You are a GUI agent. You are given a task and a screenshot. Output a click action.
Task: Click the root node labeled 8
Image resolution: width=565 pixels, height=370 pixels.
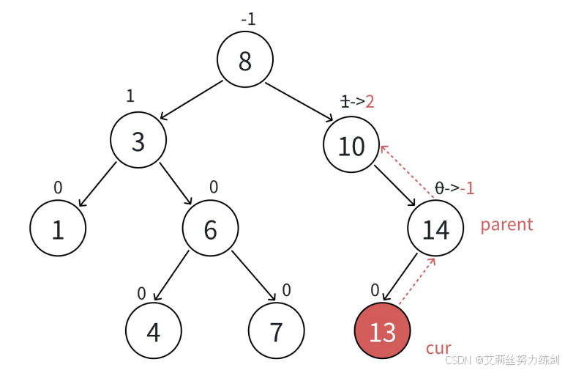tap(245, 61)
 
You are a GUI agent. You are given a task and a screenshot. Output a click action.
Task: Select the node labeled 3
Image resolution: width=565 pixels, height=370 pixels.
tap(138, 141)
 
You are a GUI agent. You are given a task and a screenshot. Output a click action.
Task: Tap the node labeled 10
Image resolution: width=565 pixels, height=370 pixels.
tap(351, 146)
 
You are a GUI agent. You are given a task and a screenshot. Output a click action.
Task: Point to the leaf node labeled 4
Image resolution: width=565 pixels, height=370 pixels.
tap(153, 331)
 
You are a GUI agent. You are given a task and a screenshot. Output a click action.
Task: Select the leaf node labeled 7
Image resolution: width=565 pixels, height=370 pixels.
tap(276, 331)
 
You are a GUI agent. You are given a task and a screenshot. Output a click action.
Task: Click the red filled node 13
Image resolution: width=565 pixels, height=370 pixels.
tap(382, 331)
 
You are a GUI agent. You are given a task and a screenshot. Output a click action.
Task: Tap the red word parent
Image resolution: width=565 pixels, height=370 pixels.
tap(506, 224)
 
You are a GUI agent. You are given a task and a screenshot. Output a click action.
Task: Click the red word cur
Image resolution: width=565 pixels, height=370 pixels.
tap(438, 348)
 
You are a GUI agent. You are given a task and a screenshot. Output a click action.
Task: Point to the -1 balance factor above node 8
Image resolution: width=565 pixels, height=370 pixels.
tap(249, 19)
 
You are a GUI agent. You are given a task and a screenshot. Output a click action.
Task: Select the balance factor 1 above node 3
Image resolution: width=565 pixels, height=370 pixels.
tap(130, 96)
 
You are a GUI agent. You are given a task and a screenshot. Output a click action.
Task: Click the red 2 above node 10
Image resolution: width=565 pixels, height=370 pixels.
tap(370, 102)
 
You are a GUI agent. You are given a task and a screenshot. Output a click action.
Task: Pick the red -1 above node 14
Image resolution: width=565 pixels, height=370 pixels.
tap(467, 188)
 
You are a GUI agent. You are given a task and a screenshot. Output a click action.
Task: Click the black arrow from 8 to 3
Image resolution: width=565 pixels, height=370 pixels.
tap(190, 100)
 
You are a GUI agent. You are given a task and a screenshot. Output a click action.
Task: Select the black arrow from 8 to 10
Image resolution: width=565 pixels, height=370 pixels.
tap(299, 99)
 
